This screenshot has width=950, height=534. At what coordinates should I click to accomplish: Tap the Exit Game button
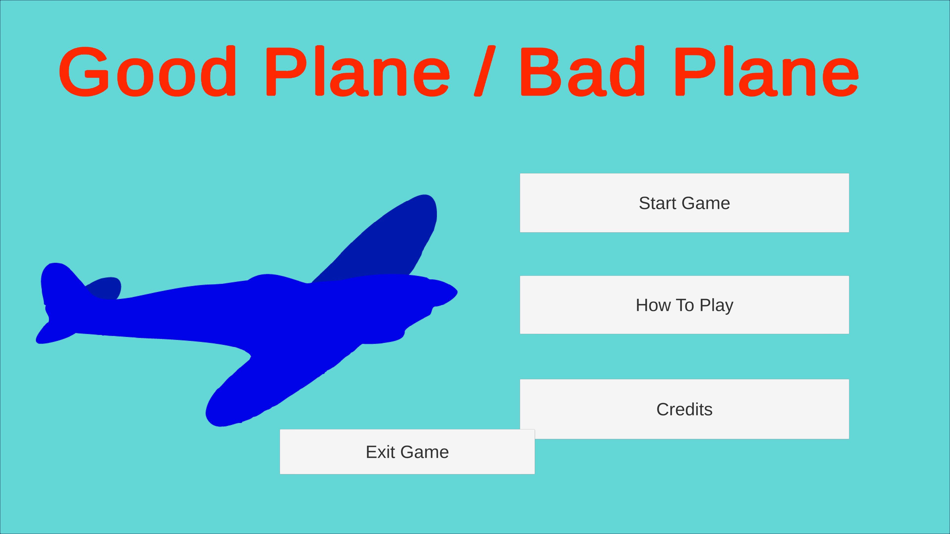pos(407,451)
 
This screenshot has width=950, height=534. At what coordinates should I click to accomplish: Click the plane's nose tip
pos(457,292)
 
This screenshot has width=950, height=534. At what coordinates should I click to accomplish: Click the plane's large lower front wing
pos(280,379)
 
